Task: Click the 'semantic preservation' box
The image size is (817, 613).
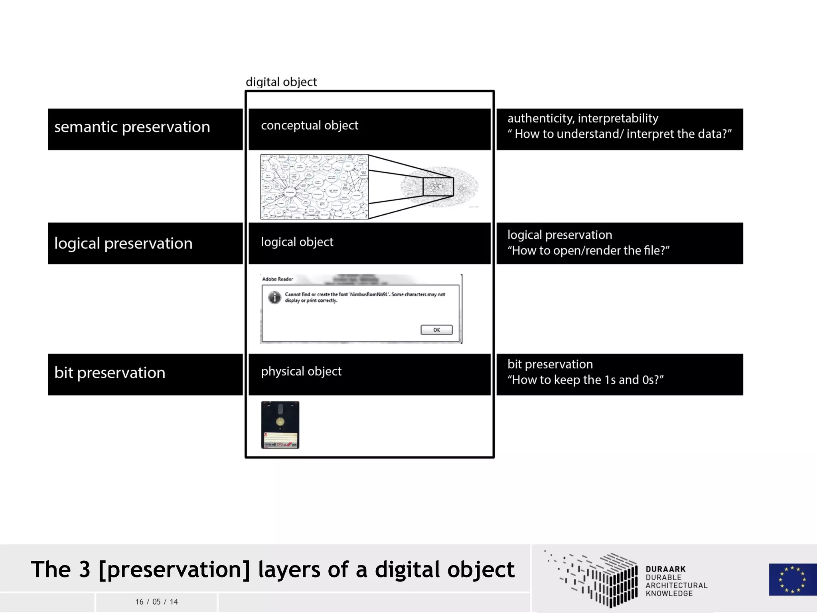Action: pos(145,129)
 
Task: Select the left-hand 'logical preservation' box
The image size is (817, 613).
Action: pos(145,243)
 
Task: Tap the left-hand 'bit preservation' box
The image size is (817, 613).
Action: pos(145,374)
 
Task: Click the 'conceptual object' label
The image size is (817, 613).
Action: pos(310,126)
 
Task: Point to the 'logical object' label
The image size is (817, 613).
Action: pos(297,242)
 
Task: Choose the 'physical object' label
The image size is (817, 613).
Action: pos(301,372)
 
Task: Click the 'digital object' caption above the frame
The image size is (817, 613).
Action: pos(281,82)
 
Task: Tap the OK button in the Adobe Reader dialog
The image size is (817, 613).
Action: pos(436,330)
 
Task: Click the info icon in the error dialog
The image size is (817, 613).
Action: pos(274,297)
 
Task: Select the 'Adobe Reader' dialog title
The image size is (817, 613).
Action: pos(278,279)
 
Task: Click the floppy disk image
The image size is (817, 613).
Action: pos(280,425)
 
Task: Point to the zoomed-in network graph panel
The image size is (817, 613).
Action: pos(314,187)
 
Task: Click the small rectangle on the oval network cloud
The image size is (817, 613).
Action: pos(438,187)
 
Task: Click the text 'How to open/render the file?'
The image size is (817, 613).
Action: pos(588,251)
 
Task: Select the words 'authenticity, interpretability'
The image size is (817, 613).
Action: pos(582,118)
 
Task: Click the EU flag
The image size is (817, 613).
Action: pos(792,579)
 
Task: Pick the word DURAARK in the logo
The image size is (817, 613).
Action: pos(665,569)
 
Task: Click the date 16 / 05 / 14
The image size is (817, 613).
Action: pos(156,602)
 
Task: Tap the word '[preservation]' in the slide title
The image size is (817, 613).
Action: pos(174,569)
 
